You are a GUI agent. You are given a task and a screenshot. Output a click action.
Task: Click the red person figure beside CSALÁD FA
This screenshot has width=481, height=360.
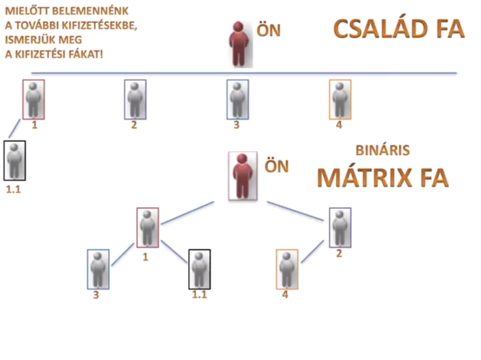click(x=239, y=44)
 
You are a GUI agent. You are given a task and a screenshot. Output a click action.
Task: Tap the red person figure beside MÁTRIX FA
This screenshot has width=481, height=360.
click(x=243, y=176)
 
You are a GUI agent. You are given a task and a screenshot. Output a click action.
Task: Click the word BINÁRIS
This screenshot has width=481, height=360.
click(x=383, y=150)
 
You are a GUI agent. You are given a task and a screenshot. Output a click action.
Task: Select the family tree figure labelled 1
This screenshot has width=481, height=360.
click(x=33, y=99)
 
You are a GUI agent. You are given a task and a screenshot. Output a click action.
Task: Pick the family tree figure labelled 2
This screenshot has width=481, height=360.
click(x=135, y=99)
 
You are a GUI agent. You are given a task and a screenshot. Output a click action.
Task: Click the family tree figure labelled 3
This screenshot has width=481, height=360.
click(x=237, y=99)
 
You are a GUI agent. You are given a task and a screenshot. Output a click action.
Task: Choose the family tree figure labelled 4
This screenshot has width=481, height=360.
click(x=340, y=99)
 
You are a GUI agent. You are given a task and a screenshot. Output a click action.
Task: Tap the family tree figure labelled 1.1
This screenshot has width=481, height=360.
click(x=14, y=160)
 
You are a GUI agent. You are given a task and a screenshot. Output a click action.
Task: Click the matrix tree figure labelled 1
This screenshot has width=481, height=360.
click(x=148, y=228)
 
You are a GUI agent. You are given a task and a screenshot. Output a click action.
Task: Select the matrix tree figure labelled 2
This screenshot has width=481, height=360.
click(x=340, y=228)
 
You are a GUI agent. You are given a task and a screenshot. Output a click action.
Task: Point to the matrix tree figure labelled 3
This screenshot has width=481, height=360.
click(x=98, y=269)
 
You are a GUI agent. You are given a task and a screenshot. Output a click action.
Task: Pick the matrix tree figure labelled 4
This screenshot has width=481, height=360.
click(x=286, y=269)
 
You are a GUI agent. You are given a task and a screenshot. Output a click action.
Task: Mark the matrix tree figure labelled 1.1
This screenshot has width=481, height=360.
click(x=199, y=269)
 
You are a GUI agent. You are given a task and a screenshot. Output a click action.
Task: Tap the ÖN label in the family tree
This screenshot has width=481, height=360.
click(x=268, y=31)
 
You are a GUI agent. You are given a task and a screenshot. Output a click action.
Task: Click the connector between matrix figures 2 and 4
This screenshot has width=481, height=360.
click(x=312, y=251)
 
